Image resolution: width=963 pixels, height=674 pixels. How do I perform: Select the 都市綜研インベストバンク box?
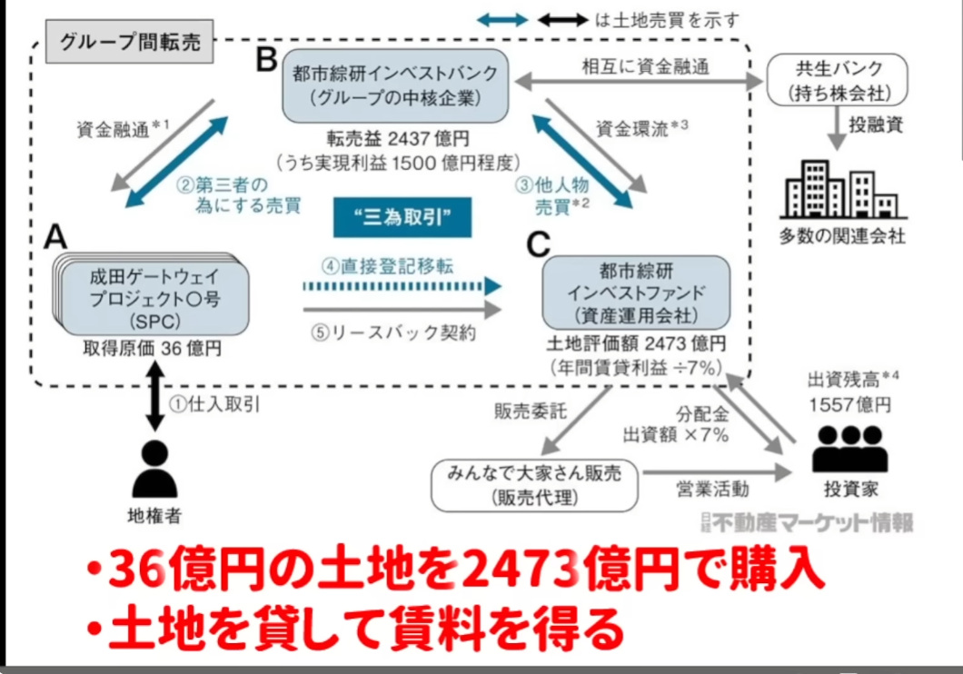coord(394,86)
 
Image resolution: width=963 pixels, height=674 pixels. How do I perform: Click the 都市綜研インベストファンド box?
coord(636,292)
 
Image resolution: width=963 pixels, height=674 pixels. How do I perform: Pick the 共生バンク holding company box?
coord(837,81)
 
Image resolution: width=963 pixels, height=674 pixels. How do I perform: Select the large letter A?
coord(56,238)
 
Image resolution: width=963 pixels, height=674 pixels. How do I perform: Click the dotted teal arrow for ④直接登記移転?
coord(401,287)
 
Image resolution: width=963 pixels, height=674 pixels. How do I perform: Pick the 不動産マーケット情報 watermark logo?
coord(808,520)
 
